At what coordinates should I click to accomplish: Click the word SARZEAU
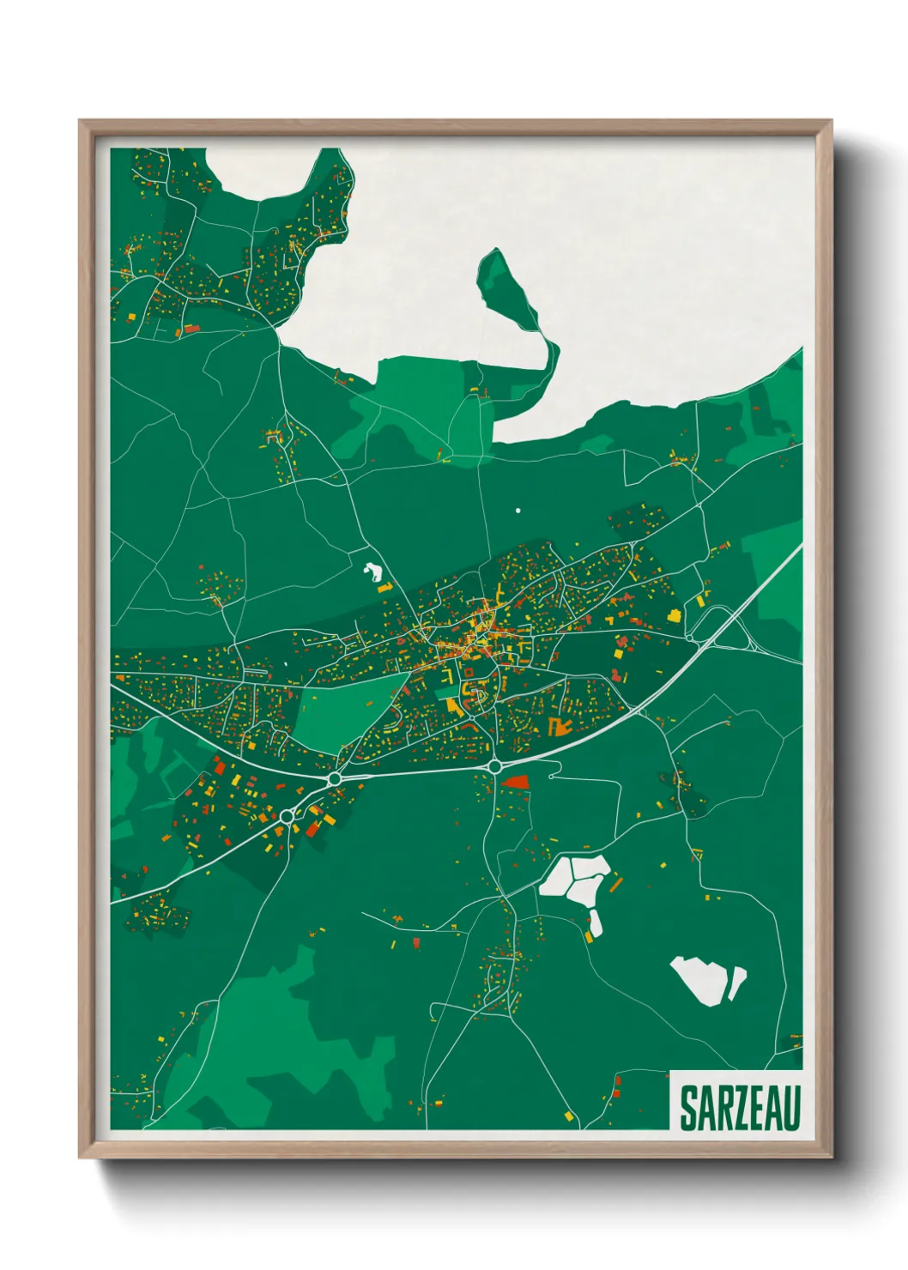point(740,1108)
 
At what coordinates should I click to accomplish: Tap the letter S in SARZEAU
point(688,1108)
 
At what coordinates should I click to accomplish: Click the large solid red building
point(515,782)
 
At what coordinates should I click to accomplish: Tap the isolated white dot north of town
point(518,511)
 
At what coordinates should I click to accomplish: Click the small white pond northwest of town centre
point(373,571)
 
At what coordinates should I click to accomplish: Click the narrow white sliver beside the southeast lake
point(737,983)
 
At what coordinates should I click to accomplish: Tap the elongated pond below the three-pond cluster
point(595,923)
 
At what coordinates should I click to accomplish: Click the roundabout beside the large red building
point(495,765)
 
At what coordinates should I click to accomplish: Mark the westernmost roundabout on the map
point(287,816)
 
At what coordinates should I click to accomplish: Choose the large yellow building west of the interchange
point(674,615)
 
